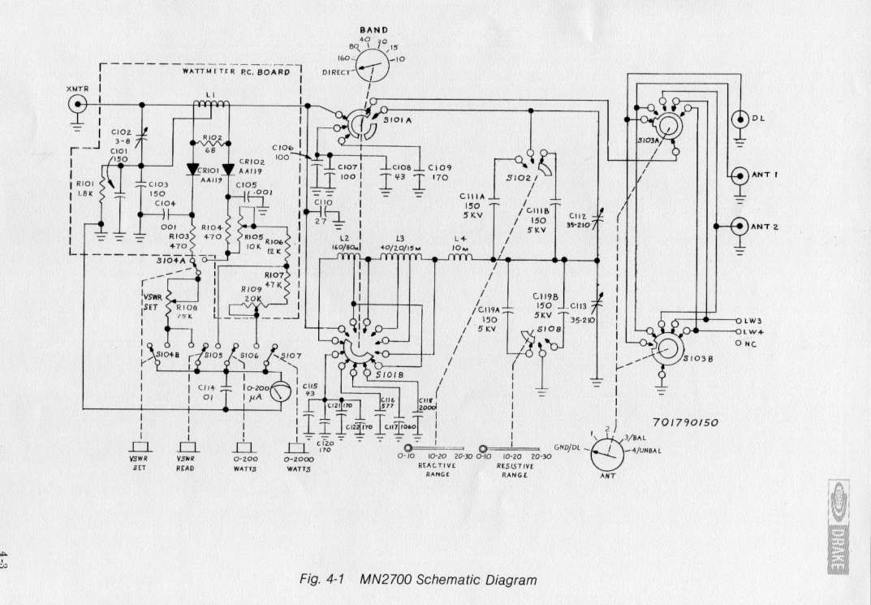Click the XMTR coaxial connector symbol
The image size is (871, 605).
(x=77, y=104)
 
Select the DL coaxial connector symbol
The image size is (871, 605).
(x=739, y=119)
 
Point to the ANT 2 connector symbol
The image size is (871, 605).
(x=739, y=227)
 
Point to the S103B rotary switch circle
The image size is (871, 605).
(x=666, y=350)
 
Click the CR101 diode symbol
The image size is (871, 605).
(x=192, y=170)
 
